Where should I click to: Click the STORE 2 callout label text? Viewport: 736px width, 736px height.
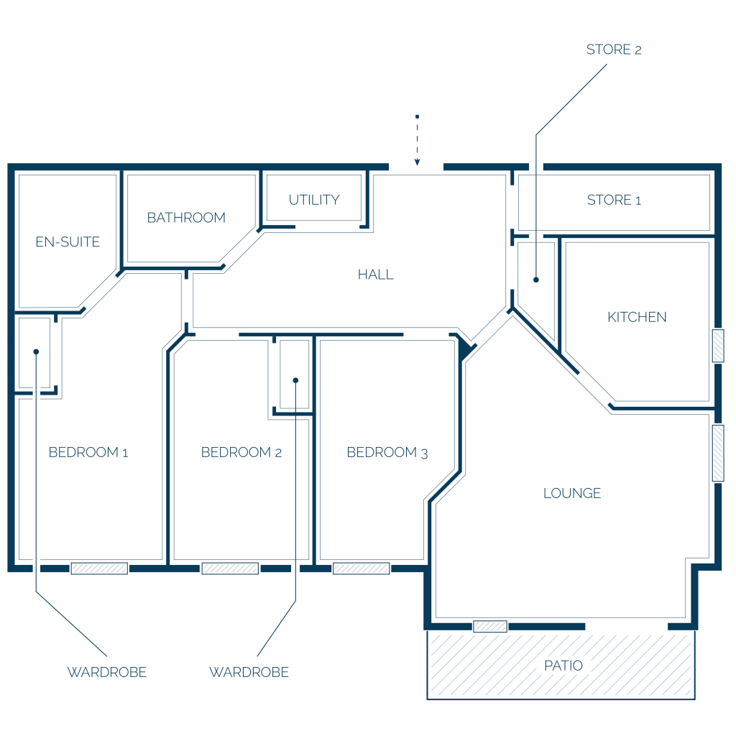coord(614,50)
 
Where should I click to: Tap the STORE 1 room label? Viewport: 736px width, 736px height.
coord(614,200)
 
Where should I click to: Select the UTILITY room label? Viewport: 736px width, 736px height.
coord(314,200)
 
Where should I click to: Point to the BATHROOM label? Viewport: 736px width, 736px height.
coord(186,218)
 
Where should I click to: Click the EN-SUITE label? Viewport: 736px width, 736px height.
coord(68,241)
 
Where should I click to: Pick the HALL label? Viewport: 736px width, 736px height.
coord(375,275)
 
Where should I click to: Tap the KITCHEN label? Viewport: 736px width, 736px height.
coord(637,317)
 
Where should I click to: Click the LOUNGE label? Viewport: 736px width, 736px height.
coord(572,493)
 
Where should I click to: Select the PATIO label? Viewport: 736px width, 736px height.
coord(563,666)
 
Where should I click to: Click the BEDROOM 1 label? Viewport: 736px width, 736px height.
coord(88,453)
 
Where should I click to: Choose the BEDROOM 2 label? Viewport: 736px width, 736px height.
coord(241,453)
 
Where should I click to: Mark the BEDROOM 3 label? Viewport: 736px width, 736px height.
coord(387,453)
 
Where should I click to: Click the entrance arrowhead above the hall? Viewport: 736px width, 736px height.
coord(417,162)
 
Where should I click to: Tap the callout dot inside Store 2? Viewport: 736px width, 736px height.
coord(536,280)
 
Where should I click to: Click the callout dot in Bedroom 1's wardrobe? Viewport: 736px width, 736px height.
coord(36,351)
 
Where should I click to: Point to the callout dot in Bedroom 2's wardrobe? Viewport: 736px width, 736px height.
coord(295,380)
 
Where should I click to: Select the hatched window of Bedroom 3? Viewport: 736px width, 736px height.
coord(361,569)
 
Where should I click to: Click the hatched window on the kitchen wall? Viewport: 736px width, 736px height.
coord(718,346)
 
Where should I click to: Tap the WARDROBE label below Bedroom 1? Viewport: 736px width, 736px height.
coord(107,672)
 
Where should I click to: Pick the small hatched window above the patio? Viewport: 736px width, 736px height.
coord(490,626)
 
